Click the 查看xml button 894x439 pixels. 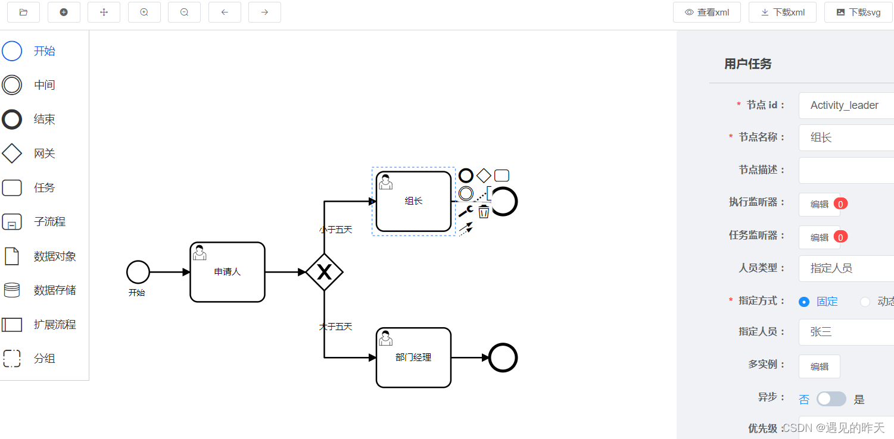[x=707, y=12]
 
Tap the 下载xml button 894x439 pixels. [x=782, y=12]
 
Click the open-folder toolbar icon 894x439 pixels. [x=24, y=12]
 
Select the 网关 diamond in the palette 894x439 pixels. [x=12, y=153]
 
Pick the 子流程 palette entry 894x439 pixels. [x=12, y=222]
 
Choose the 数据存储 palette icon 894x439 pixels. [x=12, y=290]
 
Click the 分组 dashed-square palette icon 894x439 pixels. [x=12, y=359]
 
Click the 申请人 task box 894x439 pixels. [x=228, y=272]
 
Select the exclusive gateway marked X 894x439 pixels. [x=325, y=272]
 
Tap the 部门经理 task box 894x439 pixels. [x=413, y=358]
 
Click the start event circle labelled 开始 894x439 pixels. [x=138, y=272]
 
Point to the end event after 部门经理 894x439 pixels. [x=503, y=358]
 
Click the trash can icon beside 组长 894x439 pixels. [x=484, y=211]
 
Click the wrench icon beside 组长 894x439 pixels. [x=465, y=211]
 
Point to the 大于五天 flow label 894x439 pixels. [x=336, y=327]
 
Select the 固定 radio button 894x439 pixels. [x=804, y=302]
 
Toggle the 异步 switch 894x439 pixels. [x=831, y=399]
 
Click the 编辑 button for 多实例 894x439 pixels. [x=820, y=366]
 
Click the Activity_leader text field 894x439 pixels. [x=846, y=105]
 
